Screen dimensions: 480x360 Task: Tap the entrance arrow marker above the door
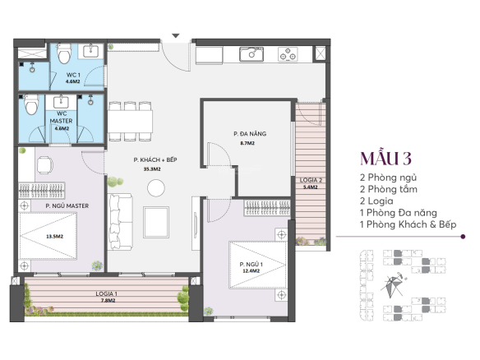tap(175, 36)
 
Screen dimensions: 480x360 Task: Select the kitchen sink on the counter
tap(252, 54)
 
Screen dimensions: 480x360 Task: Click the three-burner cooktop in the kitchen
tap(288, 54)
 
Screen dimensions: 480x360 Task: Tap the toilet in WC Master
tap(31, 104)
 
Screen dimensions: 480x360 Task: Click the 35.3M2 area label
tap(152, 169)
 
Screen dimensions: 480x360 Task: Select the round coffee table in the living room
tap(156, 188)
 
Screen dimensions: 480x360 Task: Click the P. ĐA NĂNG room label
tap(250, 134)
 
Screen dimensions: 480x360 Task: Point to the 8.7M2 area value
tap(247, 143)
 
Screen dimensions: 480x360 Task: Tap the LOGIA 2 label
tap(311, 180)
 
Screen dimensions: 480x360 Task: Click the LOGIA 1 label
tap(106, 294)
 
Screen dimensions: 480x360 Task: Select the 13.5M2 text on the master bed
tap(54, 237)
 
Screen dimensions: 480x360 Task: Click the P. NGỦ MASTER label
tap(67, 206)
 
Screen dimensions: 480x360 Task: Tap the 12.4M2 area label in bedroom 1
tap(251, 271)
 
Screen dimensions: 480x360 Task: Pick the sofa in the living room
tap(120, 221)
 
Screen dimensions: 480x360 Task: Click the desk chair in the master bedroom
tap(44, 165)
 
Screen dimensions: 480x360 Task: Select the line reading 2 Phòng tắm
tap(389, 189)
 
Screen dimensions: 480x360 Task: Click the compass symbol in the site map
tap(392, 285)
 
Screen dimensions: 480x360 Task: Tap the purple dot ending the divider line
tap(463, 237)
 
